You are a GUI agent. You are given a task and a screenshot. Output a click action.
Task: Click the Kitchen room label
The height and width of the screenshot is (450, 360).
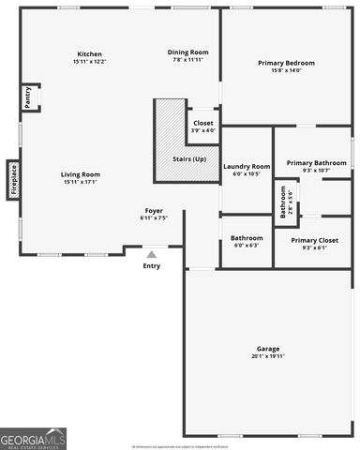[89, 54]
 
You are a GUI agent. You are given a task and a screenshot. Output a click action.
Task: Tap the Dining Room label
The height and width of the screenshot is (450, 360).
[187, 52]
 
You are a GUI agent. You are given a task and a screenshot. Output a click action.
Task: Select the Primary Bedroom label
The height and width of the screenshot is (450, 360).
[286, 63]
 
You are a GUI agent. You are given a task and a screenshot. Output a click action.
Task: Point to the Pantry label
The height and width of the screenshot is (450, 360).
[27, 97]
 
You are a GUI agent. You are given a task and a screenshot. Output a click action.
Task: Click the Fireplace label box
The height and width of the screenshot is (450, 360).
[13, 180]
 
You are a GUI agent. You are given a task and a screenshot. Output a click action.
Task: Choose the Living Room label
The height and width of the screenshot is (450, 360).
[81, 174]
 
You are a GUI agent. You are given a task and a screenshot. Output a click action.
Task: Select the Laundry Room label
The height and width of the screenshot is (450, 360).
[247, 166]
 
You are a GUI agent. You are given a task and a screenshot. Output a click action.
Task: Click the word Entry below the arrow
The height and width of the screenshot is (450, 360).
[151, 266]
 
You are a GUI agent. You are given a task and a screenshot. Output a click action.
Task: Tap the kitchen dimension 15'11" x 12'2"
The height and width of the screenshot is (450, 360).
[89, 62]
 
